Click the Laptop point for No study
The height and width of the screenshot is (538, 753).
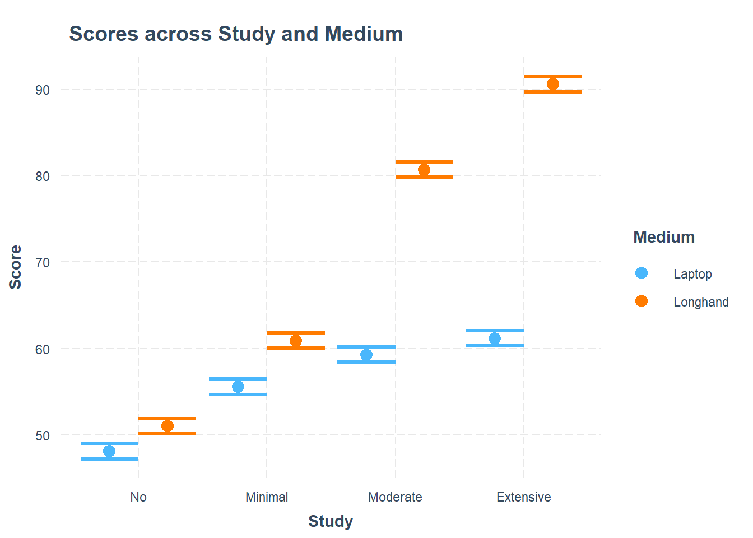click(x=109, y=451)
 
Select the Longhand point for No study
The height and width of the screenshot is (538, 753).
click(x=168, y=426)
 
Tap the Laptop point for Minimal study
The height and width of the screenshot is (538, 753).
click(x=238, y=387)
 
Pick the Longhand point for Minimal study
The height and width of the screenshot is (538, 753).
click(x=296, y=341)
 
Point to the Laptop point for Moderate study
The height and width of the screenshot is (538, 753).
click(x=366, y=355)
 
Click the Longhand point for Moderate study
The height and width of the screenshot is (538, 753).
click(x=424, y=170)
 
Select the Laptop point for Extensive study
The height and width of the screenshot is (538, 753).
click(x=495, y=338)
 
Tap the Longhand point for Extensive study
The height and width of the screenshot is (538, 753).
click(x=553, y=84)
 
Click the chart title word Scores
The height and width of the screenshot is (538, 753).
click(x=104, y=34)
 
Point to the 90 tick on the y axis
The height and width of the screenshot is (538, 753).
click(x=43, y=90)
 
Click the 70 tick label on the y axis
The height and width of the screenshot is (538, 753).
click(x=43, y=262)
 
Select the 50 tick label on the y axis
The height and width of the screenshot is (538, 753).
click(x=43, y=435)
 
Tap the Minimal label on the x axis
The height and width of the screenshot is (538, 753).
click(x=267, y=497)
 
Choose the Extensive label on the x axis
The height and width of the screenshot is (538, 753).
click(x=524, y=497)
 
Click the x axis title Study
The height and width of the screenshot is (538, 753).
click(x=331, y=521)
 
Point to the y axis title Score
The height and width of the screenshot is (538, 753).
click(x=16, y=267)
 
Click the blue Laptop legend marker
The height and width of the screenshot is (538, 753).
click(x=642, y=273)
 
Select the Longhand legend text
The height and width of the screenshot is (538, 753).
click(x=701, y=302)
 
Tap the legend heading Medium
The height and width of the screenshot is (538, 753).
click(x=664, y=237)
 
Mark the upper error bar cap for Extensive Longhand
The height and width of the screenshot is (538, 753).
click(x=553, y=76)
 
